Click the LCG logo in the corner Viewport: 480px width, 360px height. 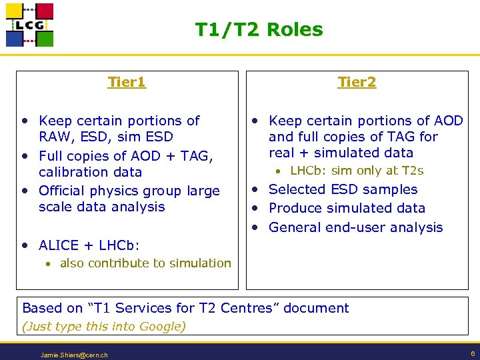29,25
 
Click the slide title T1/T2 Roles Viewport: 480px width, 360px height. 259,30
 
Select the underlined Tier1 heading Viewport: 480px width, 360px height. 127,82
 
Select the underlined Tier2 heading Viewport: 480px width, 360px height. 357,82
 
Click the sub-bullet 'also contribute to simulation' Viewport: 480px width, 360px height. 145,263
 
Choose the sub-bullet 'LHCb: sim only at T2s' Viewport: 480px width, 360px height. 357,171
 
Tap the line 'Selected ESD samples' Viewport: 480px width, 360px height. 343,189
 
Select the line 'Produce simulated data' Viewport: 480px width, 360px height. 347,208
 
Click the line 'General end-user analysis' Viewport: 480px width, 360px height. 355,227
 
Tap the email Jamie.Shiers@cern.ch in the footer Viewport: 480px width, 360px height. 74,355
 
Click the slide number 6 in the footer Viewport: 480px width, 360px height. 471,354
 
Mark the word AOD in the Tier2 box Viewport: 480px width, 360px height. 448,121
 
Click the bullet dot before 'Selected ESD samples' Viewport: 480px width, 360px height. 255,190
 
